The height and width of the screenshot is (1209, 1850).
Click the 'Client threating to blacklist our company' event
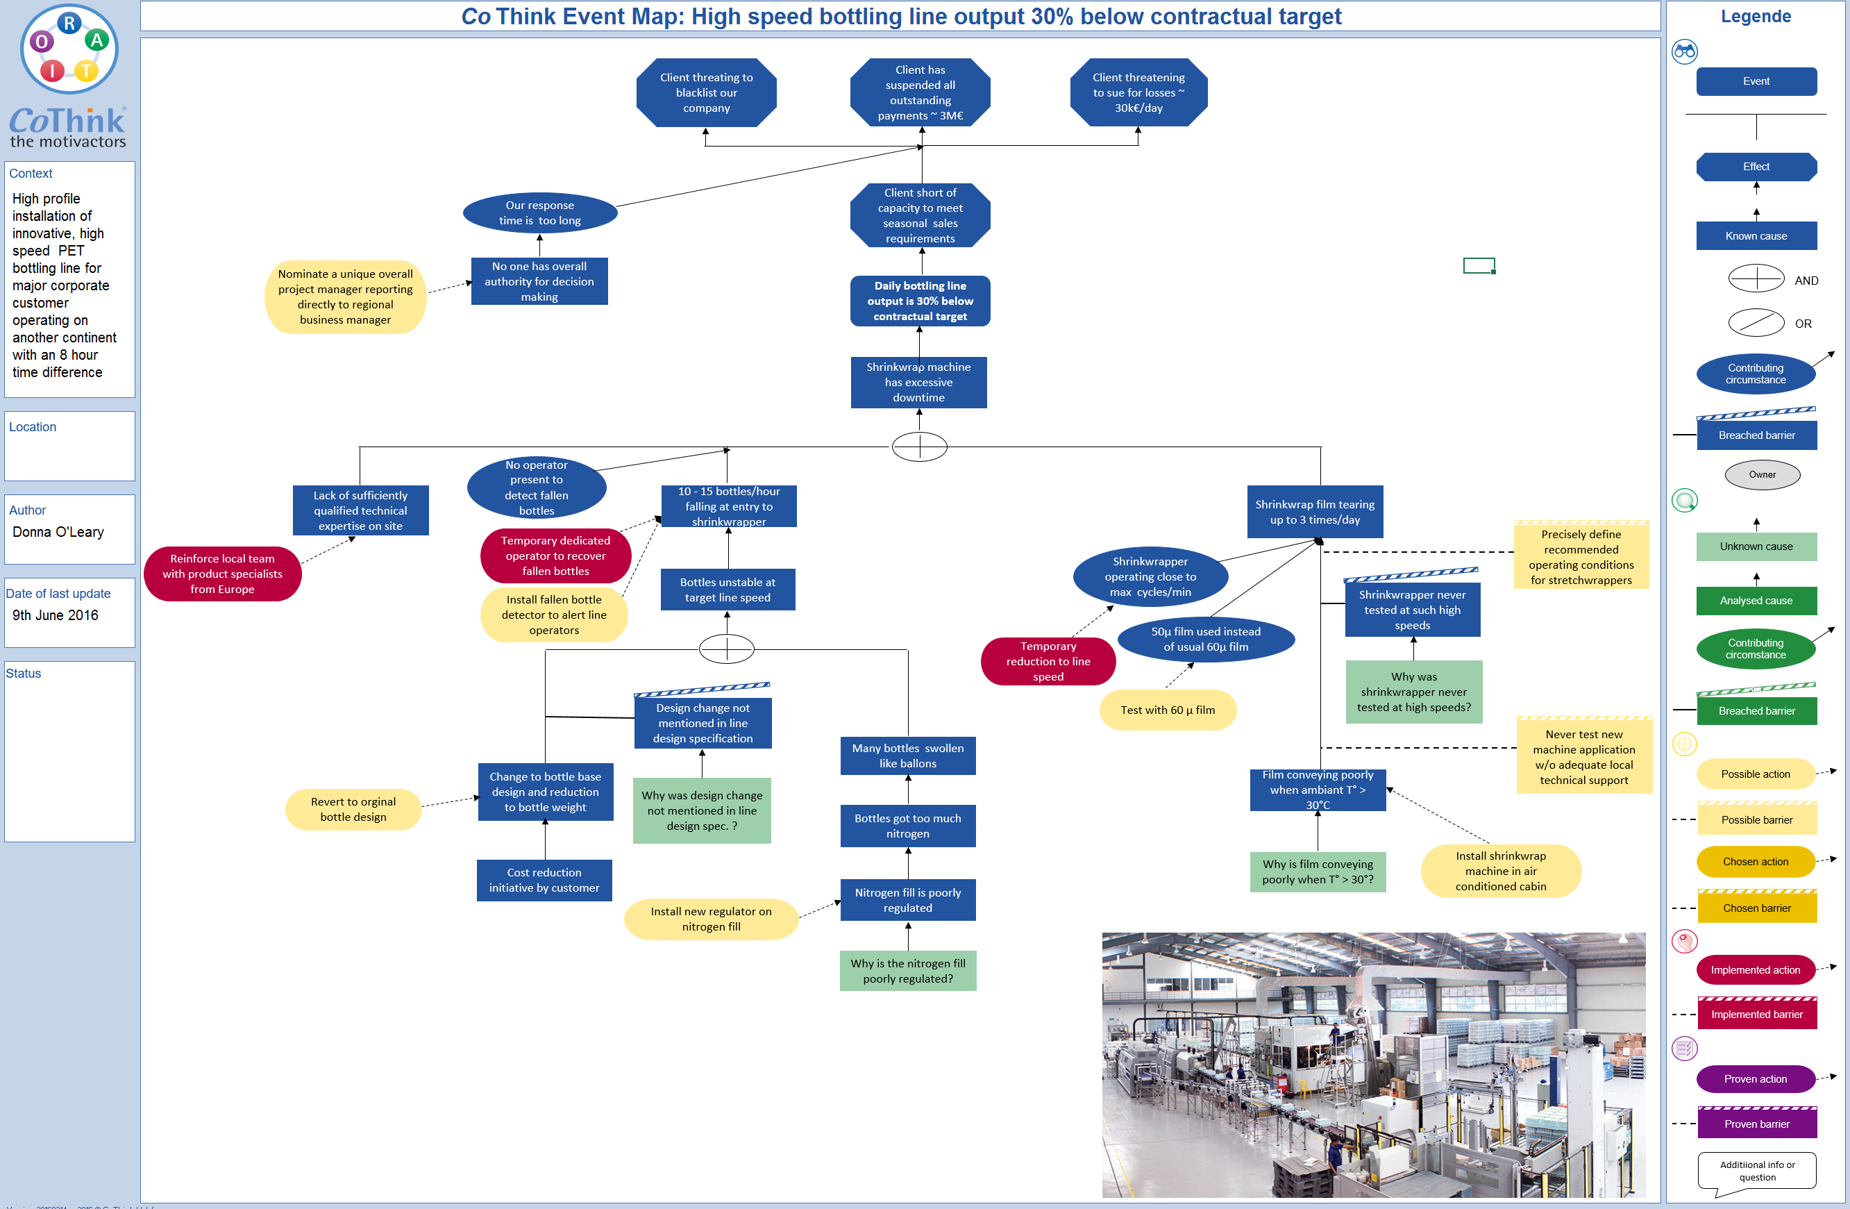pyautogui.click(x=706, y=92)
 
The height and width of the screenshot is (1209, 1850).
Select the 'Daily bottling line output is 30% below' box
pyautogui.click(x=920, y=301)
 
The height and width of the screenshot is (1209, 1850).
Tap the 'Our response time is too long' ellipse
pyautogui.click(x=539, y=213)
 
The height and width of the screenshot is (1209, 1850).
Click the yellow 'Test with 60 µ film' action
pyautogui.click(x=1167, y=710)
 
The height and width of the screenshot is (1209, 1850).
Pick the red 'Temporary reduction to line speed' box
pyautogui.click(x=1048, y=661)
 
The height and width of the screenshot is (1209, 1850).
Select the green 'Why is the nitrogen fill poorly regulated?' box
pyautogui.click(x=907, y=970)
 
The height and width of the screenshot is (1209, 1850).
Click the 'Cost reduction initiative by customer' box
pyautogui.click(x=544, y=880)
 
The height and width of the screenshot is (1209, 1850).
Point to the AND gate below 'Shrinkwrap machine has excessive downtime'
pyautogui.click(x=919, y=447)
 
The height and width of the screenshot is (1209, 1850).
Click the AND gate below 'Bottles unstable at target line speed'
pyautogui.click(x=726, y=649)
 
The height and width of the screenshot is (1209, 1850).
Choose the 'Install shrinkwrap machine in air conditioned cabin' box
pyautogui.click(x=1500, y=871)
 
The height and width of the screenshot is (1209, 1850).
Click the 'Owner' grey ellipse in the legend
pyautogui.click(x=1761, y=474)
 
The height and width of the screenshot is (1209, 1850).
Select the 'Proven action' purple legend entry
pyautogui.click(x=1754, y=1078)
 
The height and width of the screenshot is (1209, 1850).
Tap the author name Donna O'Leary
pyautogui.click(x=58, y=532)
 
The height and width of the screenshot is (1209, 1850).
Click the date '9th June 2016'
pyautogui.click(x=56, y=615)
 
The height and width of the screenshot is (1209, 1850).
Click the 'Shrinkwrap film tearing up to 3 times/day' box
pyautogui.click(x=1314, y=512)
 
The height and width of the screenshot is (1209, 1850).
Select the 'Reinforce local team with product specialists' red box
pyautogui.click(x=222, y=574)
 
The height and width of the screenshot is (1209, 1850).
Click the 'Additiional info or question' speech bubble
pyautogui.click(x=1757, y=1171)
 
